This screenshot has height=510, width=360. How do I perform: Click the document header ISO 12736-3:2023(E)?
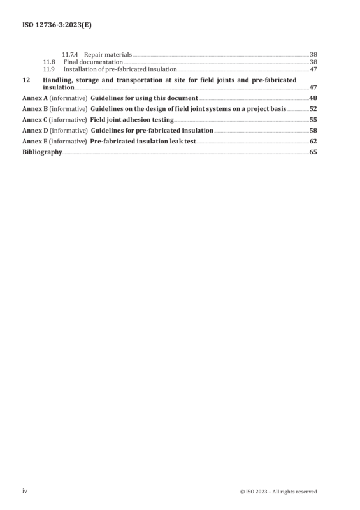coord(57,25)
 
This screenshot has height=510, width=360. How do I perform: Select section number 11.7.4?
coord(70,55)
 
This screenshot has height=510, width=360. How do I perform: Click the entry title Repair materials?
coord(108,55)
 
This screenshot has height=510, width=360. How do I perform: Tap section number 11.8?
coord(49,62)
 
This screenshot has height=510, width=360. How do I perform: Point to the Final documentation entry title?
coord(93,62)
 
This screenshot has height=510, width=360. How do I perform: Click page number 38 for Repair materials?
coord(313,55)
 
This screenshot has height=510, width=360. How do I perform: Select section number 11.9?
coord(49,69)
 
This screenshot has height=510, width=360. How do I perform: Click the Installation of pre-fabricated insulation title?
coord(120,69)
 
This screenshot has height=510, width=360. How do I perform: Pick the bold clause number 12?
coord(26,80)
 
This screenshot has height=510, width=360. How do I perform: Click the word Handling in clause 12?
coord(57,80)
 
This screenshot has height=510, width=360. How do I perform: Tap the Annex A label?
coord(35,98)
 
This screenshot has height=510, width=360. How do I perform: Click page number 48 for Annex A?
coord(313,98)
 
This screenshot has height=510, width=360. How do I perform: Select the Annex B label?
coord(35,108)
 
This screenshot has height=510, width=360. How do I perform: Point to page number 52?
coord(313,108)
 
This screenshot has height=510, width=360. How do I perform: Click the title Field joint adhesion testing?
coord(132,120)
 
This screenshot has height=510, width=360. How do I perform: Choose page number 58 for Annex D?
coord(313,131)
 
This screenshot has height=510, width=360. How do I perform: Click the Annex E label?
coord(34,141)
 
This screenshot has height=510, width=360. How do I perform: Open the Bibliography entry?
coord(42,152)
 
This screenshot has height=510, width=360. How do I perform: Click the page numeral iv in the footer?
coord(25,491)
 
